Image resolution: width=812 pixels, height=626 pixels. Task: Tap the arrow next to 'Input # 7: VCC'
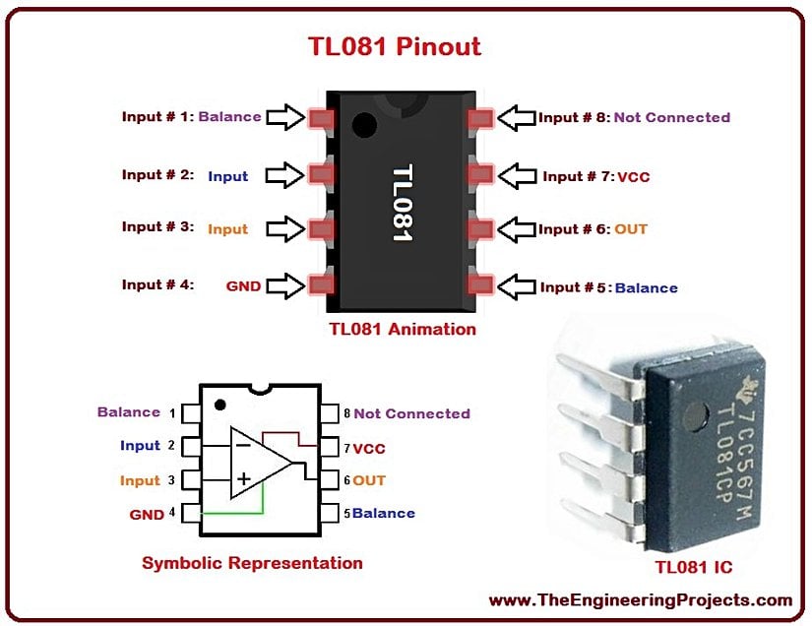tap(518, 176)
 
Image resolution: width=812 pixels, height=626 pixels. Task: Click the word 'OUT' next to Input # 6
tap(631, 229)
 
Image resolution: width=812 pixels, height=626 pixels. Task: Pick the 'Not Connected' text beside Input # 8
tap(671, 117)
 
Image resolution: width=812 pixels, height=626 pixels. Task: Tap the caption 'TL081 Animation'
tap(403, 330)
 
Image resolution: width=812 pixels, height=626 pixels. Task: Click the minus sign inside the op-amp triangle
tap(242, 445)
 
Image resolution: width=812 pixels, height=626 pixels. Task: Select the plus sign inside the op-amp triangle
tap(243, 479)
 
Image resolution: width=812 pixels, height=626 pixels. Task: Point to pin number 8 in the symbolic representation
tap(346, 413)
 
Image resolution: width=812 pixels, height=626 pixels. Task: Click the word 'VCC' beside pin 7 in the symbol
tap(369, 449)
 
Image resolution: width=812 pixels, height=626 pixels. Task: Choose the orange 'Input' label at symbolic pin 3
tap(140, 480)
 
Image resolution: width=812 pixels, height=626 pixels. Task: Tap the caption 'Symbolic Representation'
tap(252, 564)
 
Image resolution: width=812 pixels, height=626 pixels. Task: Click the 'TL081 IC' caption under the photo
tap(693, 568)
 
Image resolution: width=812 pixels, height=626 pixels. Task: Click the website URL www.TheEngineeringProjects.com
tap(640, 599)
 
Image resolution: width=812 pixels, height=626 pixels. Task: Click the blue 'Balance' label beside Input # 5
tap(647, 287)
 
